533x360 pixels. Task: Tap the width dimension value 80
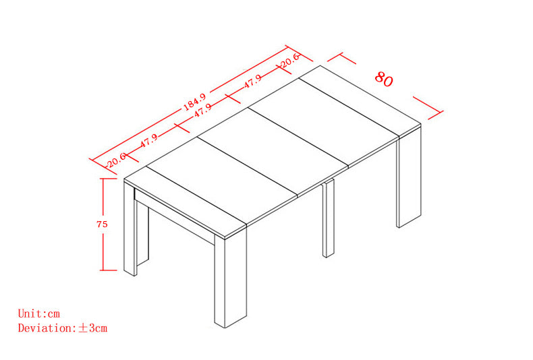(x=384, y=79)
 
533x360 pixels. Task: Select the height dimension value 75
(x=102, y=224)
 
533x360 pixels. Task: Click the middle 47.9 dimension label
(x=203, y=111)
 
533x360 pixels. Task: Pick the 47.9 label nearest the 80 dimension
(x=253, y=82)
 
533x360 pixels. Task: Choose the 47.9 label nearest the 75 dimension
(x=149, y=140)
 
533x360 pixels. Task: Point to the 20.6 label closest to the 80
(x=289, y=61)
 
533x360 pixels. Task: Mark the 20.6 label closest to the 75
(x=116, y=160)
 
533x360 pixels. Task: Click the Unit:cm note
(x=38, y=313)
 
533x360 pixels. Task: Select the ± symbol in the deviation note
(x=83, y=328)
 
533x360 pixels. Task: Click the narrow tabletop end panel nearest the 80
(x=360, y=101)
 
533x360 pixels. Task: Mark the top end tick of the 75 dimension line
(x=109, y=179)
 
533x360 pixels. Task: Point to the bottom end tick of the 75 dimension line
(x=109, y=270)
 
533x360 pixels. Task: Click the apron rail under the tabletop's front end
(x=174, y=216)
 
